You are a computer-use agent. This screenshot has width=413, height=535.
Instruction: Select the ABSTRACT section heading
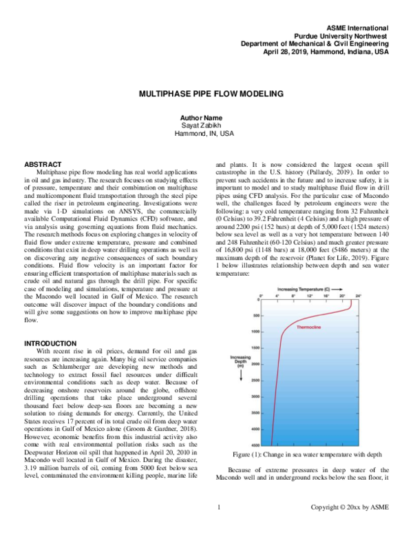[x=45, y=165]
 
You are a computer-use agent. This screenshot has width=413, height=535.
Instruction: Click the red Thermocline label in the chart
[x=309, y=327]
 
